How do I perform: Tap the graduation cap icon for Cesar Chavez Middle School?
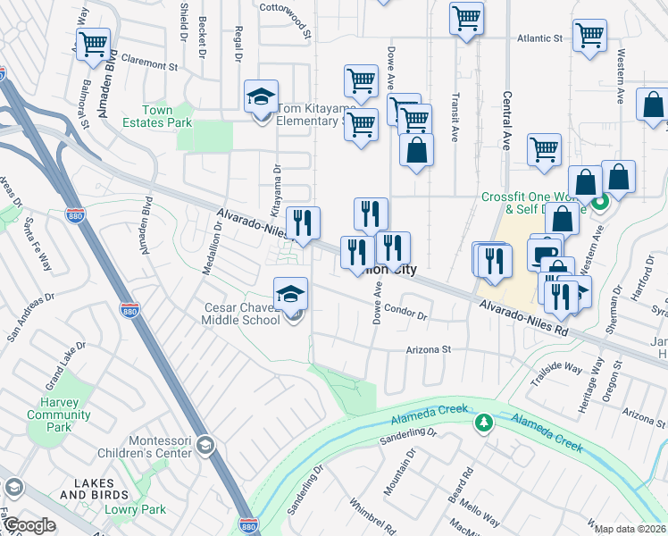pos(290,293)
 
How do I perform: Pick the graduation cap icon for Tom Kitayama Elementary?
pos(261,96)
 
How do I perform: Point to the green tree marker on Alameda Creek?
pos(484,422)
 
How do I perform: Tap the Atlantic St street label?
pos(541,39)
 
